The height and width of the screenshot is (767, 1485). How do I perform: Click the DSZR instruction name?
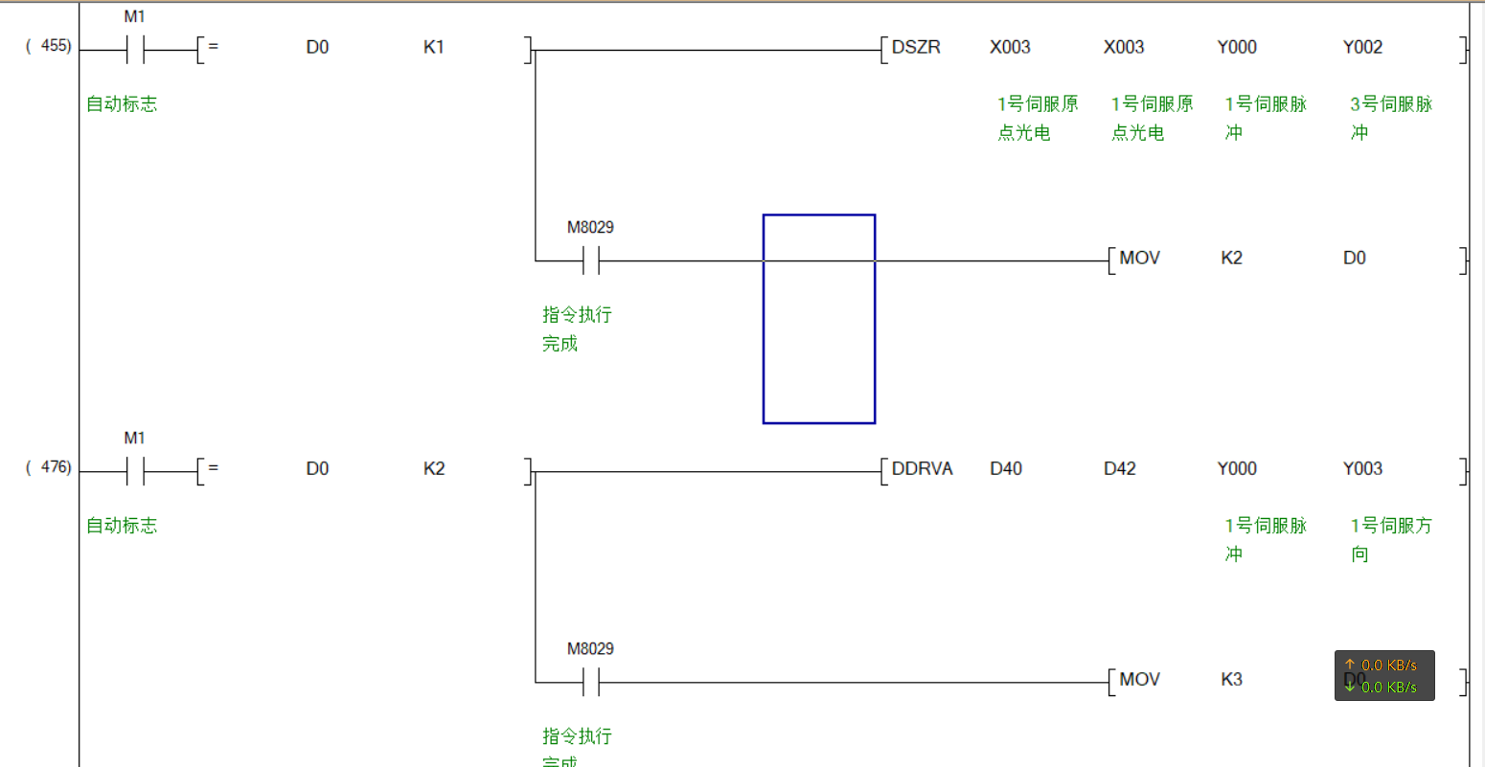click(916, 47)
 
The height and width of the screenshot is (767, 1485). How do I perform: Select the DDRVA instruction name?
click(922, 468)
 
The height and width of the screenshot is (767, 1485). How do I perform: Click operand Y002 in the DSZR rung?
click(1362, 47)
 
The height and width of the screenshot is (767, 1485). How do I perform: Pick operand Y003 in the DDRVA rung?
click(1362, 468)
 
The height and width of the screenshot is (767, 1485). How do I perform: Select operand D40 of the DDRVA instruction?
click(1006, 468)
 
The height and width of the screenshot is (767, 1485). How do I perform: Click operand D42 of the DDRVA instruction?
click(1119, 468)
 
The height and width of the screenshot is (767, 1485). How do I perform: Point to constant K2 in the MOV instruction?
click(1231, 258)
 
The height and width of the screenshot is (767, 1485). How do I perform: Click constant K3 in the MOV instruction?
click(1231, 679)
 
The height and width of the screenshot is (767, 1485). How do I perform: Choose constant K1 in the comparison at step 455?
click(434, 47)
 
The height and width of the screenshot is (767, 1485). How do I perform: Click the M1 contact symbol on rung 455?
click(135, 50)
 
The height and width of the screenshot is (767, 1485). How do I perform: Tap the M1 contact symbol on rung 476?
click(135, 471)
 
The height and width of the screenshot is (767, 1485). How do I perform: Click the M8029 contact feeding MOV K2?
click(591, 260)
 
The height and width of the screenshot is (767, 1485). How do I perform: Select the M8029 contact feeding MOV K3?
click(591, 682)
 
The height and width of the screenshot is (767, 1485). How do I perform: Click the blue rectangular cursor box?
click(819, 319)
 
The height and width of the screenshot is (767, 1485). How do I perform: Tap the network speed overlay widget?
click(1384, 676)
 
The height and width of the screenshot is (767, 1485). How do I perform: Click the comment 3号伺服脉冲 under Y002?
click(1391, 117)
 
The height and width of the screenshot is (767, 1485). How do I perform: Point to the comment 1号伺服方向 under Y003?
click(1391, 538)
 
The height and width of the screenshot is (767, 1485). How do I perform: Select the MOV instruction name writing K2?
click(1139, 258)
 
